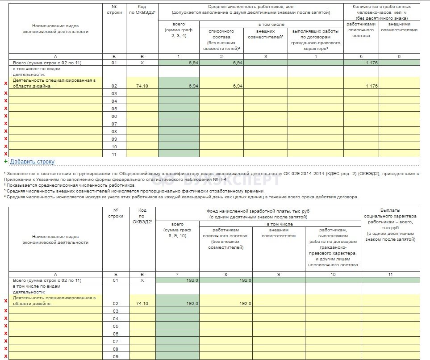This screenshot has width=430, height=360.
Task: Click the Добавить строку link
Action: click(x=32, y=162)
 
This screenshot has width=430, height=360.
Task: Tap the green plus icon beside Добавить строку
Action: click(x=6, y=161)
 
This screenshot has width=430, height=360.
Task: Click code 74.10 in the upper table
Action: click(x=142, y=86)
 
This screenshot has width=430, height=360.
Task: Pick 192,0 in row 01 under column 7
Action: click(x=192, y=280)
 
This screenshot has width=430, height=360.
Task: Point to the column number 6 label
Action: click(x=399, y=57)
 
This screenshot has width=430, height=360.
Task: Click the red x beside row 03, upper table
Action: click(x=6, y=93)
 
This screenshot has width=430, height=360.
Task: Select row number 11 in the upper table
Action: click(x=114, y=154)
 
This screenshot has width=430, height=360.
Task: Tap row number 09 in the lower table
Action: click(x=115, y=356)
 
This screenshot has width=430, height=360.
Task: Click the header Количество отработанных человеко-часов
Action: click(x=381, y=12)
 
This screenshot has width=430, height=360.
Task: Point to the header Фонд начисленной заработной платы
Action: click(x=258, y=213)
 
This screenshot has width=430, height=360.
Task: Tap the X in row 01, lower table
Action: click(x=142, y=280)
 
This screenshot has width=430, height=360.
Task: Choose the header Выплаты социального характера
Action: click(x=390, y=225)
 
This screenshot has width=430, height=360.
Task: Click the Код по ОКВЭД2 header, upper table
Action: click(x=142, y=9)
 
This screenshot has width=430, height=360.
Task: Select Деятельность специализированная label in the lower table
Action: click(x=54, y=301)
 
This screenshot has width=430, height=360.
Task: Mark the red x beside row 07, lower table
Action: click(x=6, y=341)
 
